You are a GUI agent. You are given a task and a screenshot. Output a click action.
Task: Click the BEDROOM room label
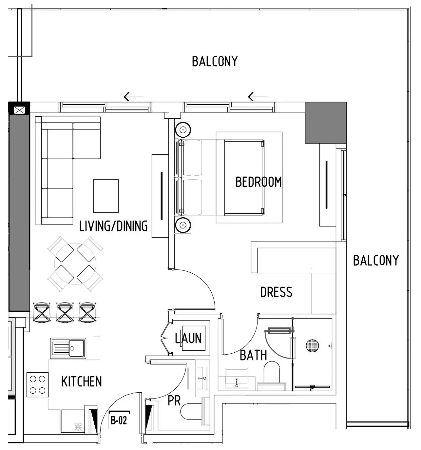pos(258,182)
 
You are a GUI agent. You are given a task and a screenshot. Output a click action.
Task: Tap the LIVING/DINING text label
pos(113,226)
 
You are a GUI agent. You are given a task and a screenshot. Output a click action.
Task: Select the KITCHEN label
pos(82,382)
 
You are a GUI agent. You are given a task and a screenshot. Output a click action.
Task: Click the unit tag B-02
pos(119,420)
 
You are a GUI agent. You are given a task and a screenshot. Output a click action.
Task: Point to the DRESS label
pos(276,292)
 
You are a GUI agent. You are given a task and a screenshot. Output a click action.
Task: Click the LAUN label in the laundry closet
pos(188,338)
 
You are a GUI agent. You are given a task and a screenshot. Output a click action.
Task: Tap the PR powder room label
pos(174,401)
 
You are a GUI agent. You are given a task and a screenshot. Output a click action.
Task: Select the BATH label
pos(253,355)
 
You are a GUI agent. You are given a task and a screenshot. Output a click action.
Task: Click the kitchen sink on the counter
pos(68,348)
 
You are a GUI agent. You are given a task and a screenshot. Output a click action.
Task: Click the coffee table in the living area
pos(106,196)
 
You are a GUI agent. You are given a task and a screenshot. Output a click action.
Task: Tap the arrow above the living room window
pos(133,97)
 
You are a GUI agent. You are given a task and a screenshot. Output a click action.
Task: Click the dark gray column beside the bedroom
pos(325,122)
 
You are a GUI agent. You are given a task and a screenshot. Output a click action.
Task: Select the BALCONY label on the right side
pos(376,261)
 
